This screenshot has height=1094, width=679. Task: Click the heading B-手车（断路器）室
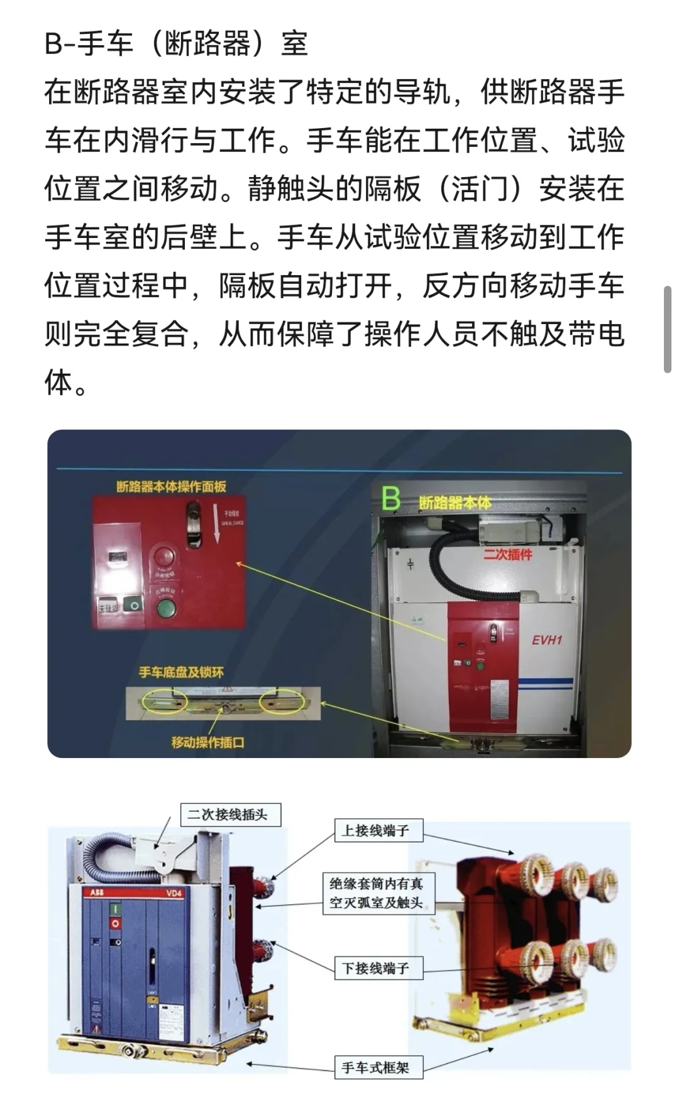176,44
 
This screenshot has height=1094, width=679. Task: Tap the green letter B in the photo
391,499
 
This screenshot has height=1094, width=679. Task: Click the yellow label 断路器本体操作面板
171,487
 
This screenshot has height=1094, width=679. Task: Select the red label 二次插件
507,555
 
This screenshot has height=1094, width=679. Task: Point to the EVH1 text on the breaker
546,641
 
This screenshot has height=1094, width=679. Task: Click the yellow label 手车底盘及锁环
181,673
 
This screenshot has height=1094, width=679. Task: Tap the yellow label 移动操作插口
207,742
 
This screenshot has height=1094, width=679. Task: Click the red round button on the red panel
165,556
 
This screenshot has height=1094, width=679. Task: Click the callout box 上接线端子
375,831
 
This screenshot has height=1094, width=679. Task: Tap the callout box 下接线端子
375,968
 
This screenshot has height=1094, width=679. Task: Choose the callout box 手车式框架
375,1067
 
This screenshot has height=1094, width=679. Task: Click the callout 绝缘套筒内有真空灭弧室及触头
376,893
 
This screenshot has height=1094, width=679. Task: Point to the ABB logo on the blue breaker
97,892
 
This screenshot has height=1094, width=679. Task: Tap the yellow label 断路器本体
455,502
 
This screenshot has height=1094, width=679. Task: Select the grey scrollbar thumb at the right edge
667,330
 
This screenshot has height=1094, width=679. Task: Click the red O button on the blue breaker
115,924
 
